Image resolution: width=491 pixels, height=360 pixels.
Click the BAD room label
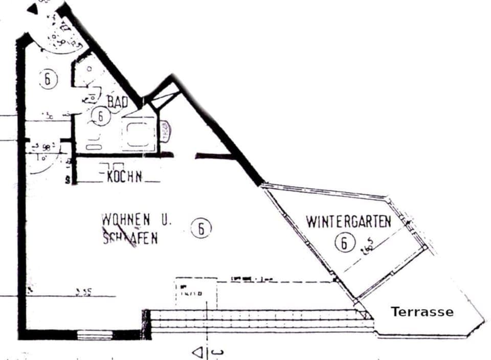click(117, 101)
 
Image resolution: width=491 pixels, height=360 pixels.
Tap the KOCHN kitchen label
click(124, 177)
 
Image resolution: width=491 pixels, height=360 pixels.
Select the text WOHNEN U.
click(137, 220)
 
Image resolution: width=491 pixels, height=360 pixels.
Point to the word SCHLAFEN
click(130, 238)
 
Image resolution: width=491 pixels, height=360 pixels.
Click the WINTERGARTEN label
click(348, 222)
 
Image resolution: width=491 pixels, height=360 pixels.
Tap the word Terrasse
click(422, 311)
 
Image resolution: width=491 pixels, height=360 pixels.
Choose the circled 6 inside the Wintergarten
click(344, 242)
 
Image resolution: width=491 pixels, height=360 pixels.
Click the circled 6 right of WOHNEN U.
click(201, 229)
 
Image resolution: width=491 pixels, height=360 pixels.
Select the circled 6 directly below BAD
click(101, 117)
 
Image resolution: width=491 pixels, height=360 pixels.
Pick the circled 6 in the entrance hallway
click(48, 79)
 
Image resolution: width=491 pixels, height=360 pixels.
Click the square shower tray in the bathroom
click(138, 134)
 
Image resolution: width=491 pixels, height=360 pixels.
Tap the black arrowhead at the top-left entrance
click(33, 8)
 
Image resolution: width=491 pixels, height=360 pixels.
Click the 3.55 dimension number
click(83, 292)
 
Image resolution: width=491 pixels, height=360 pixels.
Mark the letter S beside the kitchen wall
click(68, 180)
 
